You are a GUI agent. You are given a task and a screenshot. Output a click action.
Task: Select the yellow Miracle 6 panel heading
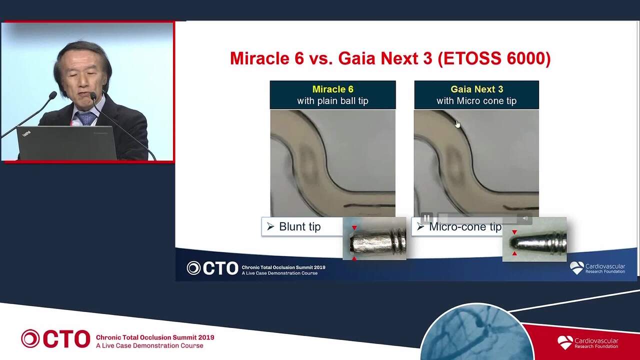[333, 89]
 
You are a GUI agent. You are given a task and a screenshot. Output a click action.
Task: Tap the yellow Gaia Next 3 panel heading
[477, 89]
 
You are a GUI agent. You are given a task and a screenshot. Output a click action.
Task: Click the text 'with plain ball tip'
[332, 101]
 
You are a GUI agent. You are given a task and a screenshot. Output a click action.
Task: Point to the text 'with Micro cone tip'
[476, 101]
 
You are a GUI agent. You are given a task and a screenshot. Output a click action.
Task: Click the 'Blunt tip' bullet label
[299, 226]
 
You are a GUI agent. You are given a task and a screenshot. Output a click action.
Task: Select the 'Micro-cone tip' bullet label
[465, 227]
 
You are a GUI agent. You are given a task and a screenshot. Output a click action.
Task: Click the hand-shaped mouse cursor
[457, 124]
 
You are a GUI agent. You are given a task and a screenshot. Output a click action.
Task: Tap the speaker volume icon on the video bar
[525, 218]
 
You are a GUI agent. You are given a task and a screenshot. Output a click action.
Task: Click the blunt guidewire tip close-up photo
[374, 238]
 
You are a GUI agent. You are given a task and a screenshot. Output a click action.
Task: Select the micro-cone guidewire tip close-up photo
[534, 239]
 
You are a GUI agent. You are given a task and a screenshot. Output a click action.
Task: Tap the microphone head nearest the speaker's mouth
[93, 96]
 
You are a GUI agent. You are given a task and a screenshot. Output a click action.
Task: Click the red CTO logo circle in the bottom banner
[30, 338]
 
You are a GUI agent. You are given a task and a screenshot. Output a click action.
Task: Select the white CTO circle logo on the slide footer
[193, 268]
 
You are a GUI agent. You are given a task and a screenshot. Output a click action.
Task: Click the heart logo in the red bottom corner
[565, 342]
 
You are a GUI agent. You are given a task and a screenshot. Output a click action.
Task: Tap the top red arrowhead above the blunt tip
[354, 227]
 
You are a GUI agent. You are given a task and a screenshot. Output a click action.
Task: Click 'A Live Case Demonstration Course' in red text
[149, 345]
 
